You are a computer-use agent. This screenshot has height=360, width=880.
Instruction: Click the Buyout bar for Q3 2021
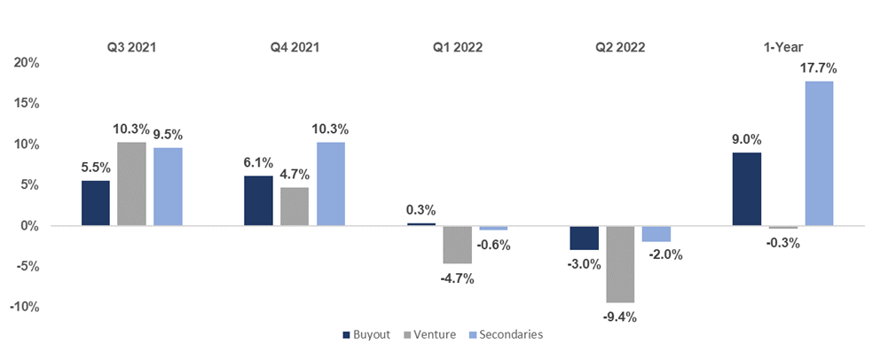pyautogui.click(x=96, y=203)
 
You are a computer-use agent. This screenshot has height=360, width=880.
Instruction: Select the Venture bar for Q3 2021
pyautogui.click(x=131, y=184)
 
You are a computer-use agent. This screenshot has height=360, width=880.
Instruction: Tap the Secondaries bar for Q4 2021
pyautogui.click(x=331, y=184)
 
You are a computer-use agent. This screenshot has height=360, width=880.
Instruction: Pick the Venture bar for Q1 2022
pyautogui.click(x=457, y=245)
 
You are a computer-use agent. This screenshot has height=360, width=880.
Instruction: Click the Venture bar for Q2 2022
pyautogui.click(x=620, y=264)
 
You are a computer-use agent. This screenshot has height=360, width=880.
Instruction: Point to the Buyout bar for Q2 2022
pyautogui.click(x=584, y=238)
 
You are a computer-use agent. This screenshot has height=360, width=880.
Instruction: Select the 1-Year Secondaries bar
pyautogui.click(x=819, y=153)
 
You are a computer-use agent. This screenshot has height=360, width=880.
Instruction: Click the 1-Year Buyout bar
pyautogui.click(x=746, y=189)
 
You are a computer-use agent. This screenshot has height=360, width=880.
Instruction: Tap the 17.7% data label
pyautogui.click(x=820, y=67)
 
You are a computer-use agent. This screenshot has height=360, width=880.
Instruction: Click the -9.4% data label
pyautogui.click(x=620, y=317)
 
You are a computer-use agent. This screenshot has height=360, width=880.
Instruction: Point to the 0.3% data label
pyautogui.click(x=421, y=209)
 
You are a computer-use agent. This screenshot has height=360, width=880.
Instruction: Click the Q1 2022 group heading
pyautogui.click(x=457, y=48)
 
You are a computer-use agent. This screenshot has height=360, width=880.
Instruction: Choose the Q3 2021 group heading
pyautogui.click(x=131, y=48)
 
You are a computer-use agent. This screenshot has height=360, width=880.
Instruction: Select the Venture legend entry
pyautogui.click(x=432, y=335)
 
